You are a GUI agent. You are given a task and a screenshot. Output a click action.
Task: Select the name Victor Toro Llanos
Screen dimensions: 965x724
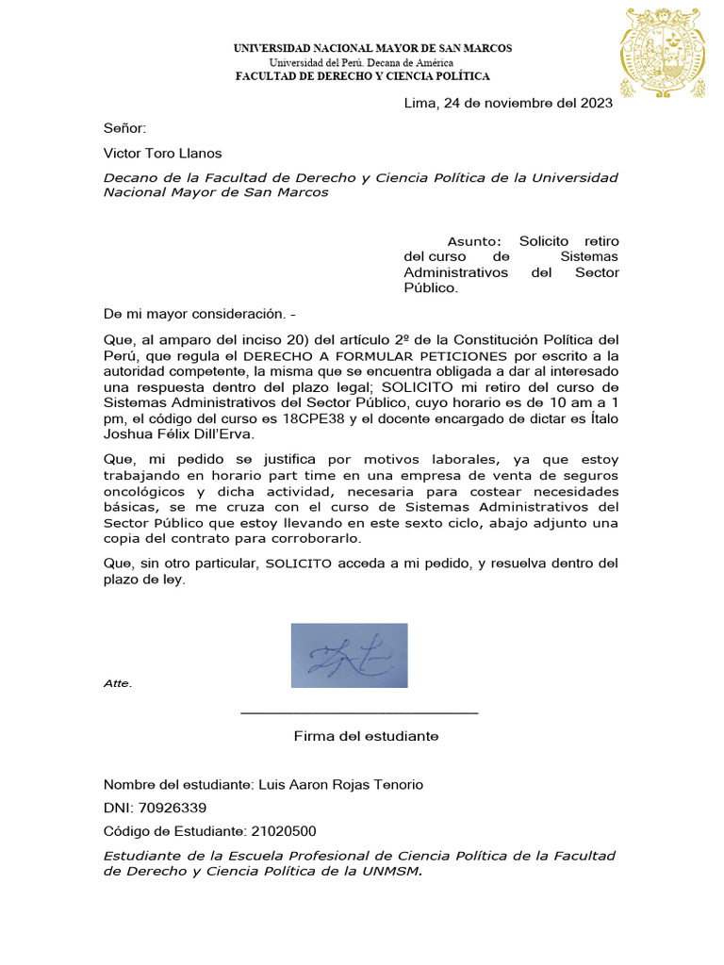click(x=163, y=153)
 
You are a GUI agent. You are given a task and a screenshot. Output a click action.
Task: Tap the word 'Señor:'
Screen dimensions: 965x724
click(x=125, y=128)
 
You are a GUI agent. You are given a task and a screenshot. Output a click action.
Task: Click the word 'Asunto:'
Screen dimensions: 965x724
click(x=475, y=241)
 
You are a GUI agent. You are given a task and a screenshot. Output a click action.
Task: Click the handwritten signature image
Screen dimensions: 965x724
click(x=349, y=655)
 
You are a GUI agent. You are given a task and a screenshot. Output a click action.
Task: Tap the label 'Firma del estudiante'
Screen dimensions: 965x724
click(x=366, y=736)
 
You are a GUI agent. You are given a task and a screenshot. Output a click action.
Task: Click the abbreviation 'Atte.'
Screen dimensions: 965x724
click(x=118, y=683)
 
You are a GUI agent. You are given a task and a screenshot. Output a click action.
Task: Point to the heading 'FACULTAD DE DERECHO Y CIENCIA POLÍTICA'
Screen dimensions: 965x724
click(x=362, y=76)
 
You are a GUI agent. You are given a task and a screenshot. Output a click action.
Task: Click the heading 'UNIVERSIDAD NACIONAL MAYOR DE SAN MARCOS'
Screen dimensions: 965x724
click(x=372, y=48)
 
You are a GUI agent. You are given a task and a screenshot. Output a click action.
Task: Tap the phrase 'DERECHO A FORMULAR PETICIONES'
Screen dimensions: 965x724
click(x=375, y=355)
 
